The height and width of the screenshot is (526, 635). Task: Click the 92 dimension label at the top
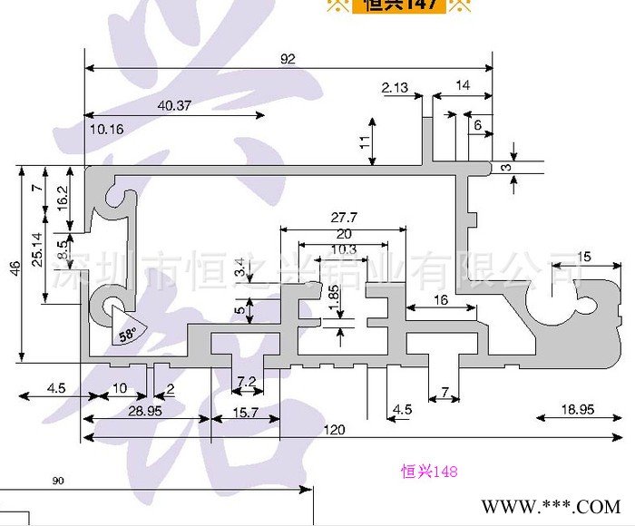tap(288, 59)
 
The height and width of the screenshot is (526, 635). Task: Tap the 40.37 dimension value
tap(174, 105)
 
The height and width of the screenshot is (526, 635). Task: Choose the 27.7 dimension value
tap(344, 218)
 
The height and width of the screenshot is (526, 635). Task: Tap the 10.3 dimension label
tap(344, 249)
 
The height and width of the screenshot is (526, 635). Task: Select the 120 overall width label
tap(335, 430)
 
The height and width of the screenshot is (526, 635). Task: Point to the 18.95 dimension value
tap(577, 410)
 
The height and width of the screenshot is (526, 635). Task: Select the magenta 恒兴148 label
tap(429, 472)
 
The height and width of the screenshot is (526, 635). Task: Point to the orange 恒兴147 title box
tap(400, 5)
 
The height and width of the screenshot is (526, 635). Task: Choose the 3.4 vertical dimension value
tap(239, 268)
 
